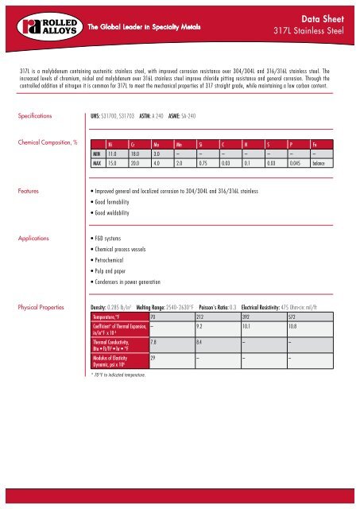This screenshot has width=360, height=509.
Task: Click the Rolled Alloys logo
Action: [31, 25]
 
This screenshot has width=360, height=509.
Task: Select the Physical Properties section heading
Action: [41, 306]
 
